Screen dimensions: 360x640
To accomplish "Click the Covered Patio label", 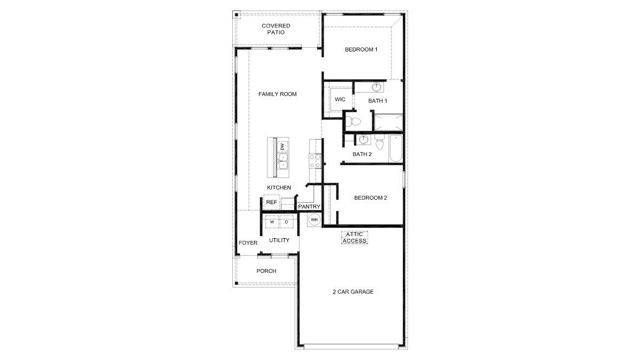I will coord(276,29).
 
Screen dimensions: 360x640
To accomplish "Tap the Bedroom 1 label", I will coord(361,50).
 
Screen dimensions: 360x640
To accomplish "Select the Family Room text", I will coord(277,94).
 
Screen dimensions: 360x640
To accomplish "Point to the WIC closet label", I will coord(340,100).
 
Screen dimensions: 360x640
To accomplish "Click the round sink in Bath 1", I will coord(377,87).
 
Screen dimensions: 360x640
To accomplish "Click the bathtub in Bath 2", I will coord(394,148).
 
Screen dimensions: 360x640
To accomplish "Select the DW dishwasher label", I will coord(282,146).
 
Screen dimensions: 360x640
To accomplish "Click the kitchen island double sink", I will coord(283,161).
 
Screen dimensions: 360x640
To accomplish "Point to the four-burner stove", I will coord(315,160).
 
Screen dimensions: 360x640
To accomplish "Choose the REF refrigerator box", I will coord(271,202).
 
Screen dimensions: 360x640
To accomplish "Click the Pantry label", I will coord(309,207).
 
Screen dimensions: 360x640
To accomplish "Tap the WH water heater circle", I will coord(314,219).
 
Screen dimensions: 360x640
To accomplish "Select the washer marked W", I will coord(272,222).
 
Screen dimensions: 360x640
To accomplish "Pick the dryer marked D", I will coord(286,222).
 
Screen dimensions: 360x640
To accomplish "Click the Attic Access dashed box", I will coord(354,237).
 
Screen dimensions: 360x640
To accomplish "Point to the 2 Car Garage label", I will coord(353,292).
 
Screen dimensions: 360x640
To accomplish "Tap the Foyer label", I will coord(248,243).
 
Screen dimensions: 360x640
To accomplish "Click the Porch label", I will coord(266,271).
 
